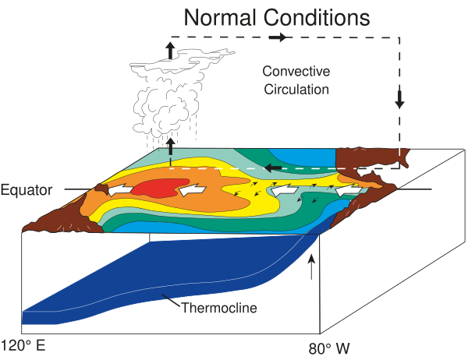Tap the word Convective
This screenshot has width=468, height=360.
[x=296, y=72]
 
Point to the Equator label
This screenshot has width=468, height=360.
[x=27, y=189]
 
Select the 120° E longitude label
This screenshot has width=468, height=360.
[x=23, y=344]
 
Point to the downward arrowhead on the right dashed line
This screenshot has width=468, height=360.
[x=400, y=101]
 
